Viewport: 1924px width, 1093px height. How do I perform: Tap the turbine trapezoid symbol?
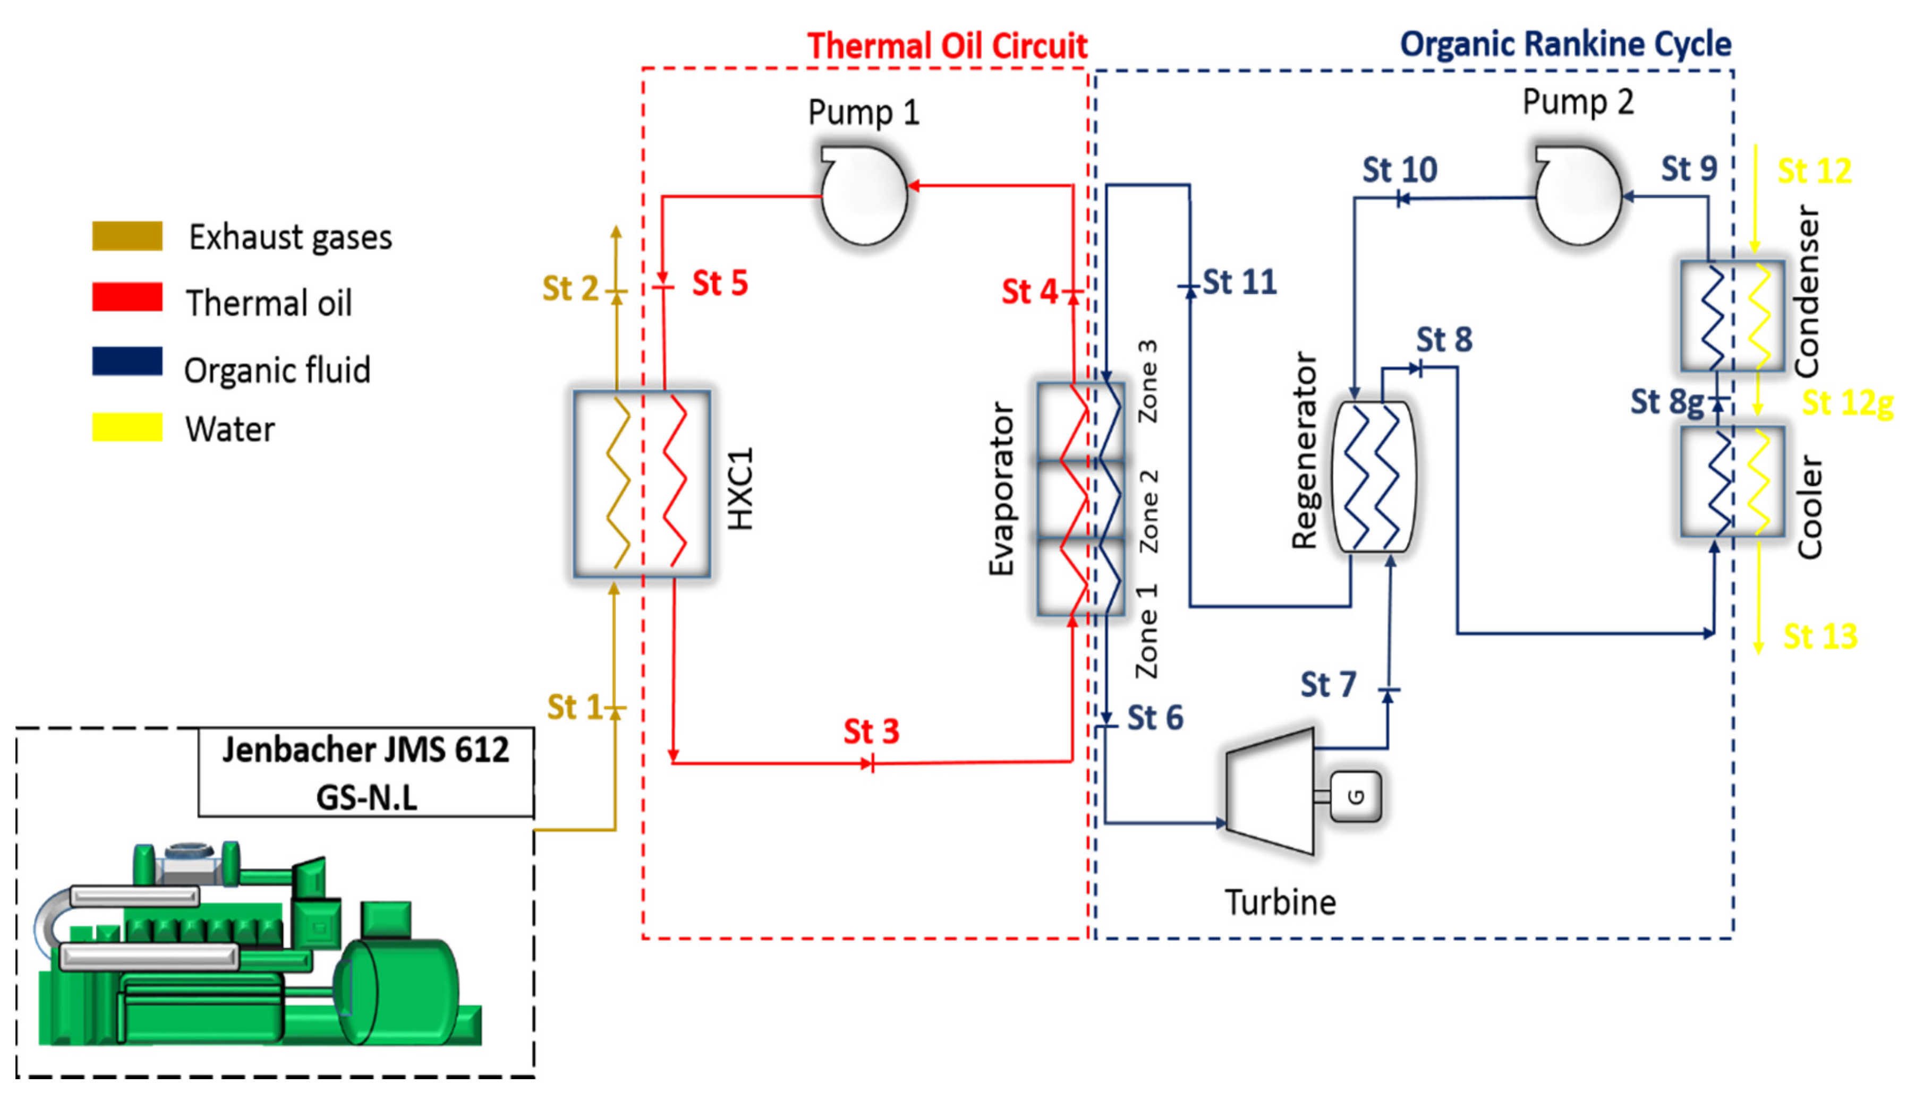point(1269,791)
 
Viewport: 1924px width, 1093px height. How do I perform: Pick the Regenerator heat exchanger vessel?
point(1373,477)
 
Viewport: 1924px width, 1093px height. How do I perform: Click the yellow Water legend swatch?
point(127,427)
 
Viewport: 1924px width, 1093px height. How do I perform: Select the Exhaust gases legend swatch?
point(127,236)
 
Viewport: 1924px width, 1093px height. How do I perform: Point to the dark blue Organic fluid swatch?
point(127,361)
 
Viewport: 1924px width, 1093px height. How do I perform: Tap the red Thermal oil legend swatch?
point(127,297)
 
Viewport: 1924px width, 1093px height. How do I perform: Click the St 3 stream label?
point(871,731)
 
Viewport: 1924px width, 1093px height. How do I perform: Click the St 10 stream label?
point(1400,170)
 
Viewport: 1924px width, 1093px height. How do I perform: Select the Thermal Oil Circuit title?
point(947,46)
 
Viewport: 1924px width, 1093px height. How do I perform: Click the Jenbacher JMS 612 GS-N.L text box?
point(365,772)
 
